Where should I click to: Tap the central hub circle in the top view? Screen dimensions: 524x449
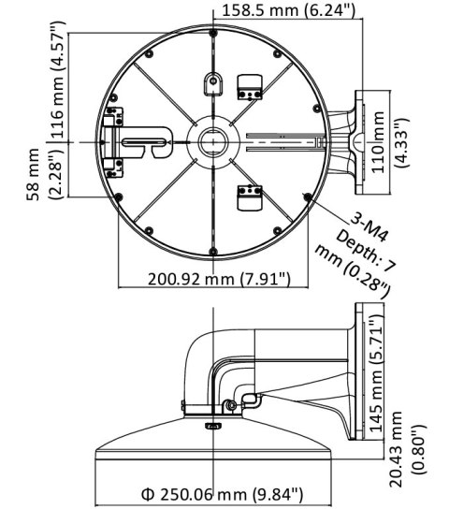coord(211,139)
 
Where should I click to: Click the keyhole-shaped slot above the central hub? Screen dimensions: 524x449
coord(211,81)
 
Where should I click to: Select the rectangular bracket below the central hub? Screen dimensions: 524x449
coord(248,195)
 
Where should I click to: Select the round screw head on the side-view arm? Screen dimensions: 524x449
coord(230,405)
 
